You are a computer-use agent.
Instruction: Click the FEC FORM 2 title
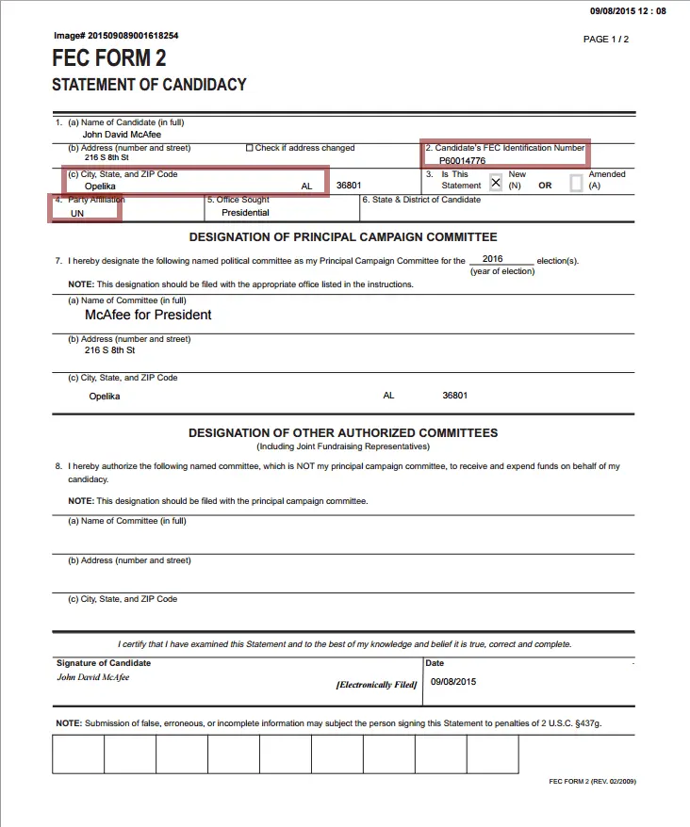point(109,58)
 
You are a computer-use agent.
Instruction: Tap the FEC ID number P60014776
point(462,160)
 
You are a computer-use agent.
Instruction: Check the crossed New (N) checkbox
point(496,183)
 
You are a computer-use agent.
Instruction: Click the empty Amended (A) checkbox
point(576,183)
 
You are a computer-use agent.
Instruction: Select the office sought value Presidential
point(245,213)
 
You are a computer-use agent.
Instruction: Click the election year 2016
point(492,259)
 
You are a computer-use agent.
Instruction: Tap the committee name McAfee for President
point(148,315)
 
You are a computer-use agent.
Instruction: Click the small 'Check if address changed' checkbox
point(249,148)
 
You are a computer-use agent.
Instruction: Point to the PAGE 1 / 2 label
point(606,40)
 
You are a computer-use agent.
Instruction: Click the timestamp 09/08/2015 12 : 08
point(628,10)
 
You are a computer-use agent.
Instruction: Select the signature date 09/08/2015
point(453,681)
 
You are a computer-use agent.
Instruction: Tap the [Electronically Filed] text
point(376,685)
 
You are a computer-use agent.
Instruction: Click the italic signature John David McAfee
point(93,677)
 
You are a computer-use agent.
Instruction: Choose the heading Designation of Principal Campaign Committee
point(343,236)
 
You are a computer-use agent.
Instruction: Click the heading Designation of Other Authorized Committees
point(343,433)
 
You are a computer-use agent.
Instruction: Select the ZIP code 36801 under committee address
point(454,396)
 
